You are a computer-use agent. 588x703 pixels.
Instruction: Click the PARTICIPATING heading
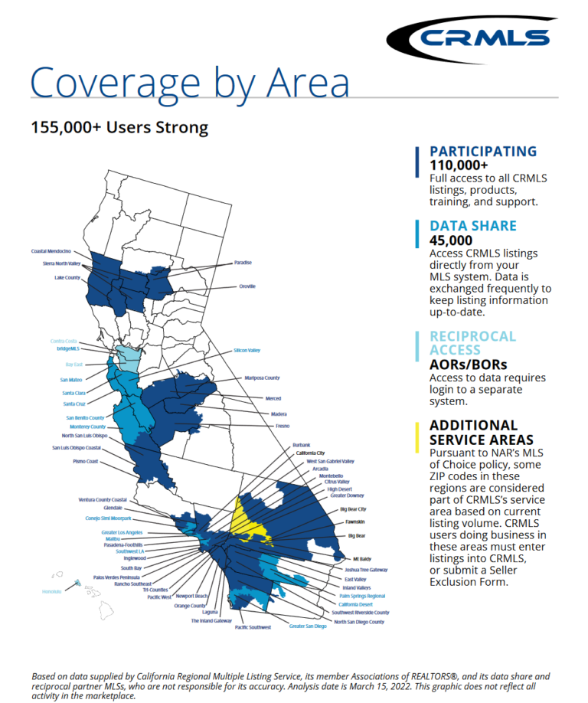point(483,152)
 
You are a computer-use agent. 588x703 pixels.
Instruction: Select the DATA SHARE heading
point(473,226)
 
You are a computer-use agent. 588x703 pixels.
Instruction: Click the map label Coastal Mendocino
point(51,251)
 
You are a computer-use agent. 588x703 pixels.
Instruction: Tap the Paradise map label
point(243,263)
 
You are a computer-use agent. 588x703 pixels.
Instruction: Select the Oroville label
point(247,286)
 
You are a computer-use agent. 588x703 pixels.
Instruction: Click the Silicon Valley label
point(247,351)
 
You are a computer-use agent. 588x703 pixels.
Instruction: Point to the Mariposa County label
point(263,378)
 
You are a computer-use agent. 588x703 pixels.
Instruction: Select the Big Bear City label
point(353,508)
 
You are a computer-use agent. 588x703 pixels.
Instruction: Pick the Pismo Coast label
point(86,462)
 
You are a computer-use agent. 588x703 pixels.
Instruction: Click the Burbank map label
point(302,445)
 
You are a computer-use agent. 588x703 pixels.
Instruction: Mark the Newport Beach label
point(191,595)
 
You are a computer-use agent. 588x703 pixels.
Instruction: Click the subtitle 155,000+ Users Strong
point(119,126)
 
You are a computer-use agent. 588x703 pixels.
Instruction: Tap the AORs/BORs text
point(468,365)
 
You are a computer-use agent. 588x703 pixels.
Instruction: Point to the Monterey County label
point(88,426)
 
